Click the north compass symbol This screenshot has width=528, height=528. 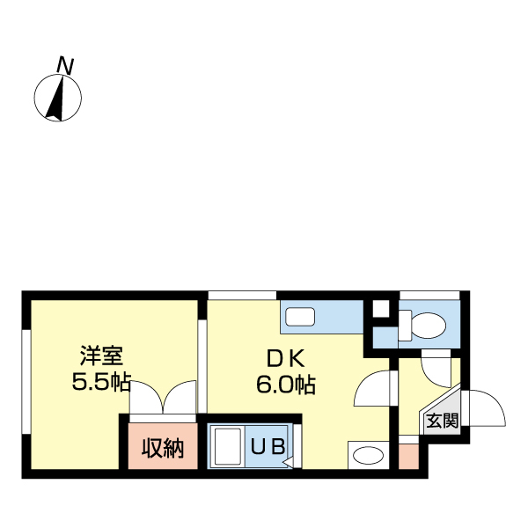tap(57, 97)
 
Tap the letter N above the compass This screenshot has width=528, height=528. tap(64, 64)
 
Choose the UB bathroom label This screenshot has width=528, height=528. tap(268, 447)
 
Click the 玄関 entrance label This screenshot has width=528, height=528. tap(442, 421)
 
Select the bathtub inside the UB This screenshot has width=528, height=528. tap(229, 447)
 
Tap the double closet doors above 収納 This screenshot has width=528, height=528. tap(163, 397)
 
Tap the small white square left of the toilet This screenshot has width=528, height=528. tap(381, 310)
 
